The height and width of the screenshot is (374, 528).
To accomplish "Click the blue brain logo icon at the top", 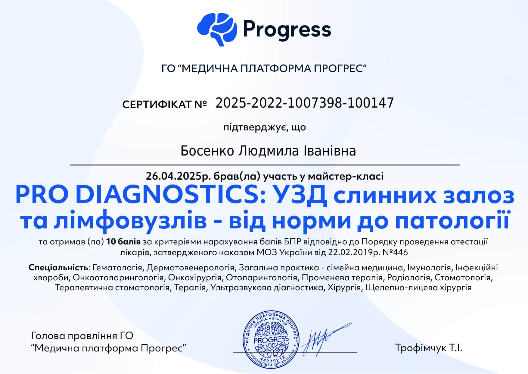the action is (x=217, y=30).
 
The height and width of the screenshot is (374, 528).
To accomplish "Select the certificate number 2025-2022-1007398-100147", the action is (x=305, y=103).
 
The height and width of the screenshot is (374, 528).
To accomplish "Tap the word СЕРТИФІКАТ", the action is (x=157, y=105).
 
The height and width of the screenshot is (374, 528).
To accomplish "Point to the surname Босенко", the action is (x=207, y=151).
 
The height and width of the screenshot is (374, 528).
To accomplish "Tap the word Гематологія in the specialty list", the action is (x=117, y=268).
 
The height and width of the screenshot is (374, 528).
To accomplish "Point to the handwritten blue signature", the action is (x=326, y=339).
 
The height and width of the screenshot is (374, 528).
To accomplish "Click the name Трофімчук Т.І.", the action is (x=429, y=348).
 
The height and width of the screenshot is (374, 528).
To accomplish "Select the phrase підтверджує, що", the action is (x=265, y=127).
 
